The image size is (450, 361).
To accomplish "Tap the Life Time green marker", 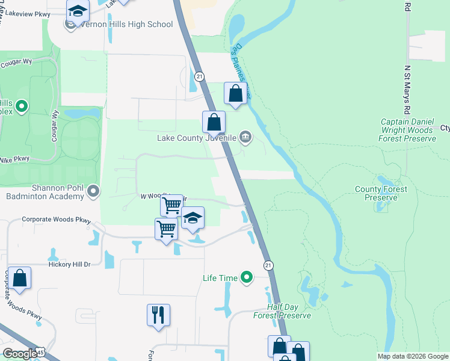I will pos(246,277).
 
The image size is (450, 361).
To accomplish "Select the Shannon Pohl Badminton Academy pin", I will pos(93,191).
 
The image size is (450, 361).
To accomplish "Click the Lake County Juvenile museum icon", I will pos(245,138).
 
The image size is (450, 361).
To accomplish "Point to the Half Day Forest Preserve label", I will pos(282,311).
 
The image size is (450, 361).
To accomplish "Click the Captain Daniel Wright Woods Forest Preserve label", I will pos(407,130).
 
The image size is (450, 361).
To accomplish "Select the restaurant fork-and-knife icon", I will pos(158,315).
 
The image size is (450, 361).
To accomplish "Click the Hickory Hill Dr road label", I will pos(69,264).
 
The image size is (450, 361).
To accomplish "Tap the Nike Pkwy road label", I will pos(14,159).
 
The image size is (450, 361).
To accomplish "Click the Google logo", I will pos(20,354).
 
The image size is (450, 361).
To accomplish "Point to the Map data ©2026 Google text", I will pos(412,356).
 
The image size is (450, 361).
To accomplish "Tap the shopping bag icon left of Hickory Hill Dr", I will pos(19,279).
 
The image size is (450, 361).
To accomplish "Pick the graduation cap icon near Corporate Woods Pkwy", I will pos(193,218).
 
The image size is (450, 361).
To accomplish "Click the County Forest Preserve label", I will pos(381,193).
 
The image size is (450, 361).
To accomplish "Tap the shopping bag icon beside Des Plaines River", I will pos(235,94).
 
